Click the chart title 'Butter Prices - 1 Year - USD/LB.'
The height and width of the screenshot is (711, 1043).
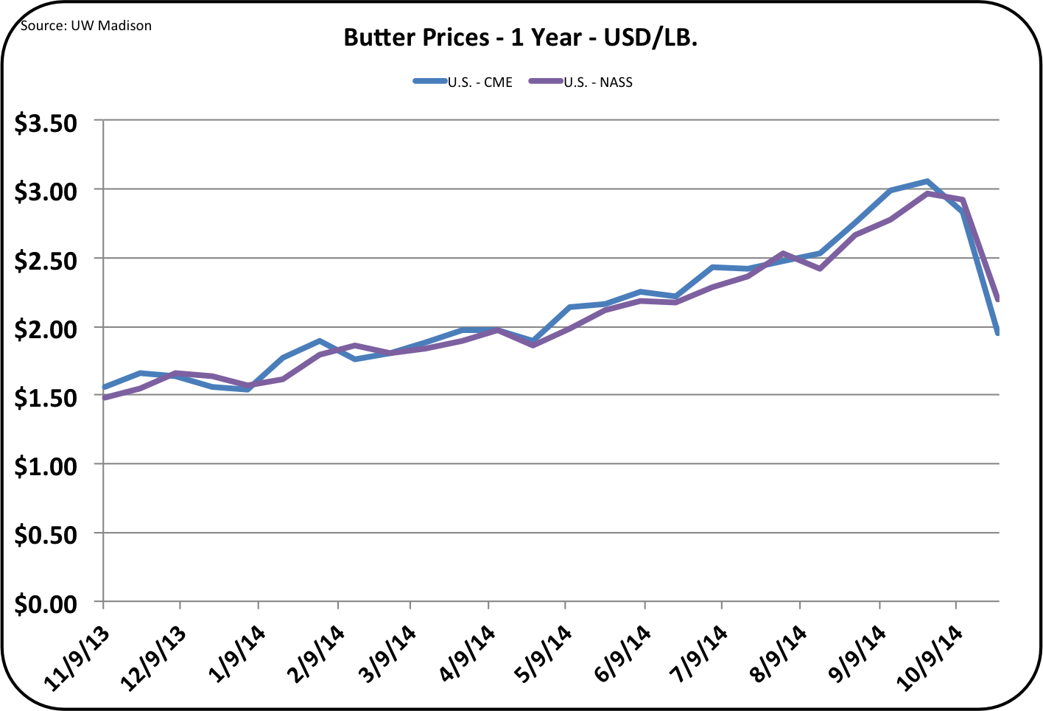(521, 37)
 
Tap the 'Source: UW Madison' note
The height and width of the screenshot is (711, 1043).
(86, 26)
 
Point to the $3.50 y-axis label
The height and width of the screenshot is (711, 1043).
(46, 123)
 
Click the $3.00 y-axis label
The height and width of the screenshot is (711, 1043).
(46, 192)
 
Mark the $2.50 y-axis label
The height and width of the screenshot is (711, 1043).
(46, 260)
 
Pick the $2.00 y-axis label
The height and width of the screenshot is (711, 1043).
(46, 329)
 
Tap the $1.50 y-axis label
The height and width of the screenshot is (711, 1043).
(46, 397)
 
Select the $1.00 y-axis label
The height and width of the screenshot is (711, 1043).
(46, 466)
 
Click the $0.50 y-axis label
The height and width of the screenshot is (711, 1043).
(46, 534)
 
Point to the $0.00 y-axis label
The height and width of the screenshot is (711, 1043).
(46, 603)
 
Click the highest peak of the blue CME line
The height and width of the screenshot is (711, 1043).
(927, 181)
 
